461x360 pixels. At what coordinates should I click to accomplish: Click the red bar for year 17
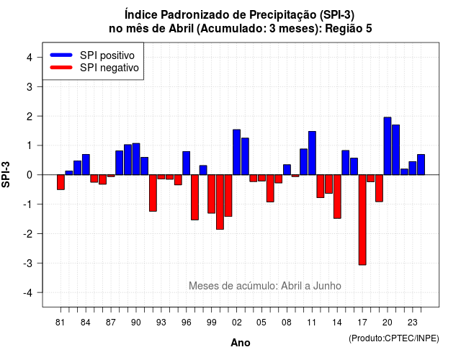[x=362, y=220]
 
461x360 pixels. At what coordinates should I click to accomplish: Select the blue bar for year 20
[x=388, y=146]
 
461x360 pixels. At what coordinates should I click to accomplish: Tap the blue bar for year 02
[x=237, y=152]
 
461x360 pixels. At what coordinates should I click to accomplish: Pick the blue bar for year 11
[x=312, y=153]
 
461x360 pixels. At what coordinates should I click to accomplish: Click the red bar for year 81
[x=61, y=182]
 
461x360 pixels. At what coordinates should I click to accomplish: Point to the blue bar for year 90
[x=136, y=159]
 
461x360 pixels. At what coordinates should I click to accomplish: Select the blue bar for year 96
[x=187, y=163]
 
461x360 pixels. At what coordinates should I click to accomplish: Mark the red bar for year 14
[x=337, y=197]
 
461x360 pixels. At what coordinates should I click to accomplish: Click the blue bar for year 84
[x=86, y=165]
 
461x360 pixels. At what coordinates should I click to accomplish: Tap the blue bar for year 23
[x=413, y=168]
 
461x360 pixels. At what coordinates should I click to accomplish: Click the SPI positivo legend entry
[x=92, y=55]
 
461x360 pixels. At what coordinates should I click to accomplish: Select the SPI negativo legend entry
[x=94, y=68]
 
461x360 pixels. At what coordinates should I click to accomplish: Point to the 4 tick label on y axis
[x=30, y=58]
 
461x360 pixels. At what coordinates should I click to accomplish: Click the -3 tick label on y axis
[x=27, y=264]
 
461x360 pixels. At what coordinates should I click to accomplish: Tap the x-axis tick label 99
[x=211, y=323]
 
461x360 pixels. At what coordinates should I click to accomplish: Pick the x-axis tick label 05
[x=261, y=323]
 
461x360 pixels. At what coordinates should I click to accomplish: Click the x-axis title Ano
[x=241, y=343]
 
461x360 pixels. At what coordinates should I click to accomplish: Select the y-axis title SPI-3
[x=6, y=174]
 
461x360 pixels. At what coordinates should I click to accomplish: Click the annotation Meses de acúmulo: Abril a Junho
[x=265, y=286]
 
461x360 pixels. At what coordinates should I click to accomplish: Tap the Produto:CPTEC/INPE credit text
[x=394, y=338]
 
